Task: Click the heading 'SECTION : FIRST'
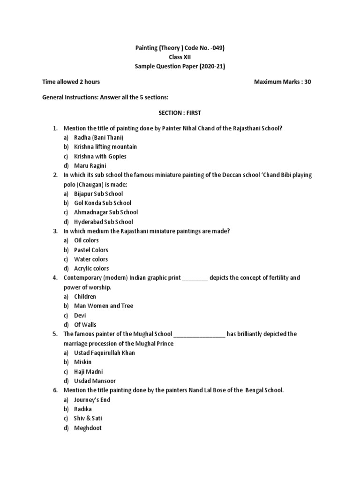pyautogui.click(x=180, y=113)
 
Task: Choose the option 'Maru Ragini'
pyautogui.click(x=90, y=165)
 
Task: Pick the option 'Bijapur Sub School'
pyautogui.click(x=98, y=194)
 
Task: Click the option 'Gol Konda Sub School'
pyautogui.click(x=103, y=203)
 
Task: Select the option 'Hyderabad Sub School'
pyautogui.click(x=104, y=222)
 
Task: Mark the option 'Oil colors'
pyautogui.click(x=86, y=240)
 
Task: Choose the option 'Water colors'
pyautogui.click(x=91, y=259)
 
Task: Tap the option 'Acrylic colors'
pyautogui.click(x=91, y=269)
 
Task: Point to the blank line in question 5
pyautogui.click(x=199, y=335)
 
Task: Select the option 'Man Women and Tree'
pyautogui.click(x=104, y=306)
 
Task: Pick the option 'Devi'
pyautogui.click(x=80, y=315)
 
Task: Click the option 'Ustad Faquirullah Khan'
pyautogui.click(x=105, y=352)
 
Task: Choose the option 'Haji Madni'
pyautogui.click(x=88, y=371)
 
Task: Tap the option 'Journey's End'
pyautogui.click(x=92, y=400)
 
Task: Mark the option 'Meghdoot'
pyautogui.click(x=88, y=428)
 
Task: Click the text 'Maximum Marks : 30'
pyautogui.click(x=282, y=82)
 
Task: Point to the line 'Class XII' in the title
pyautogui.click(x=180, y=57)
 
